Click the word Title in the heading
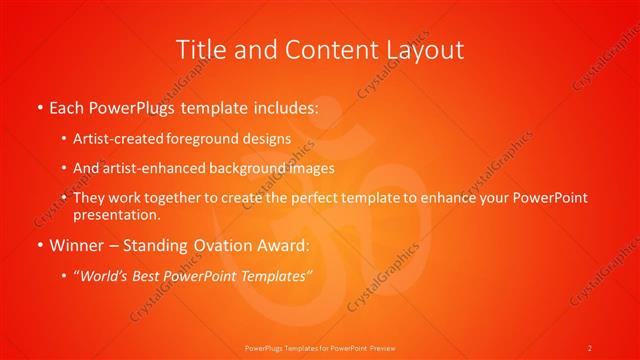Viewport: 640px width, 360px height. [198, 49]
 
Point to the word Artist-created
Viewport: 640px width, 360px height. [120, 139]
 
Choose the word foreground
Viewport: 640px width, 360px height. [205, 139]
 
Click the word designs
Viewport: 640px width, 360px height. [267, 139]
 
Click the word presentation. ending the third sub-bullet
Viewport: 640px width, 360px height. [116, 214]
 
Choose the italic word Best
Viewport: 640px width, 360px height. [147, 275]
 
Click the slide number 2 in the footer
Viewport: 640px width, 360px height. [590, 347]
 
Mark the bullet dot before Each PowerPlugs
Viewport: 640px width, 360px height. [39, 108]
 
